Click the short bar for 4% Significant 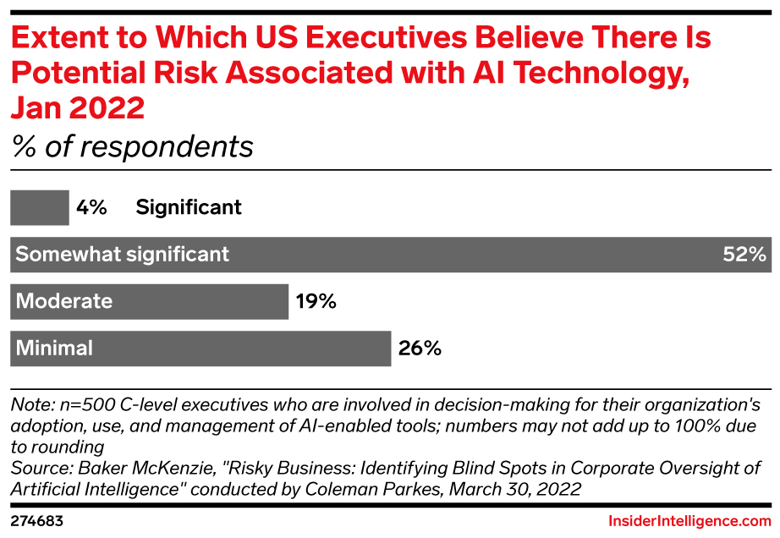39,207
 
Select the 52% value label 744,254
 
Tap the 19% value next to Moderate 316,301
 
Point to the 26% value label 420,348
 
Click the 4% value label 91,207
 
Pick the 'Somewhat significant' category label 123,254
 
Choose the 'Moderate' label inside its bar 64,301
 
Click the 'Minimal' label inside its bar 55,348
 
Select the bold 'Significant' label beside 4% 189,207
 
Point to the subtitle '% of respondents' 132,146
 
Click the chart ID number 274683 37,521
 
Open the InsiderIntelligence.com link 689,521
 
